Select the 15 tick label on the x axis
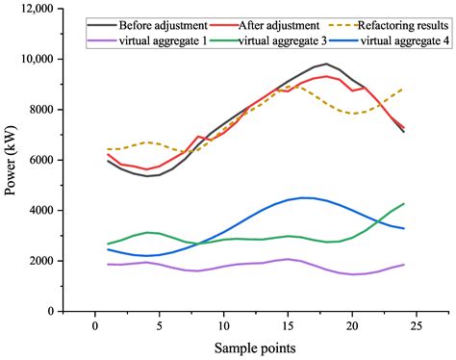[288, 324]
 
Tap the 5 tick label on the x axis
[159, 324]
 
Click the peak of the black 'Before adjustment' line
[327, 64]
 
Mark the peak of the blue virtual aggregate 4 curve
[304, 197]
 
